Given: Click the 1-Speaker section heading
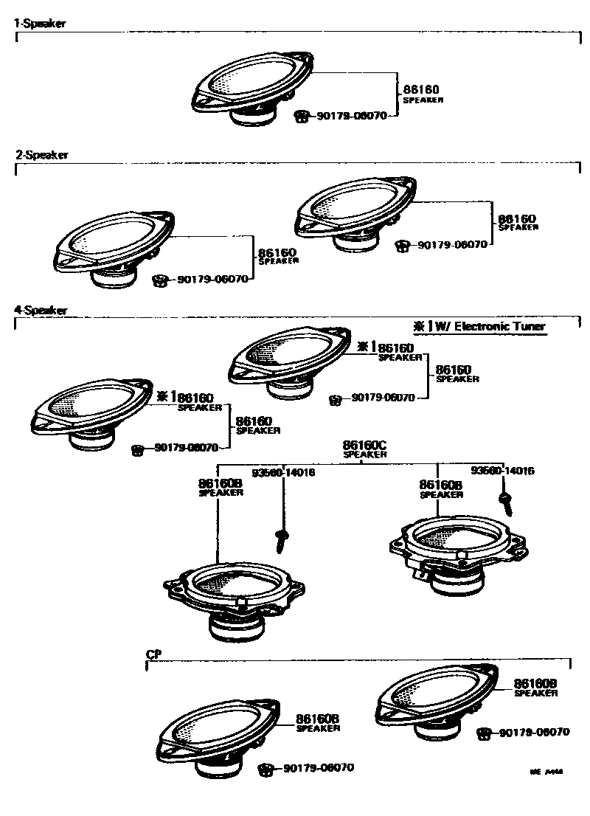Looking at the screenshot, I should pyautogui.click(x=41, y=24).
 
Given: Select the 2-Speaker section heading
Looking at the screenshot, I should pyautogui.click(x=42, y=155).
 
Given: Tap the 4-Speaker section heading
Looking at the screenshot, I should pyautogui.click(x=41, y=311).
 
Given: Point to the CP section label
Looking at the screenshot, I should pyautogui.click(x=153, y=654).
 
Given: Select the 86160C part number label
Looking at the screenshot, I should pyautogui.click(x=364, y=446).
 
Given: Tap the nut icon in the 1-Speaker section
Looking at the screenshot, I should pyautogui.click(x=300, y=116).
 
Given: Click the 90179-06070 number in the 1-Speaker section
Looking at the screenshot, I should pyautogui.click(x=352, y=116).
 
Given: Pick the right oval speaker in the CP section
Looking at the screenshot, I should pyautogui.click(x=435, y=697).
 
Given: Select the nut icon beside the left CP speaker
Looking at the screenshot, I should pyautogui.click(x=265, y=769).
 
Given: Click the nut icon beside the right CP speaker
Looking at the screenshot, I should pyautogui.click(x=484, y=733).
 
